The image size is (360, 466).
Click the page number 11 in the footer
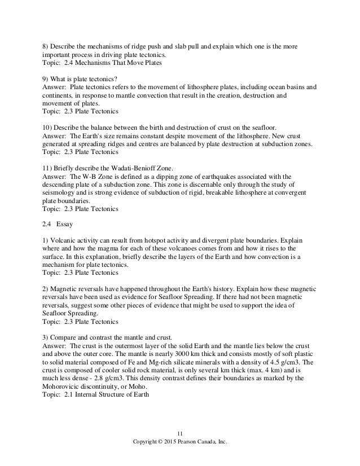pos(180,434)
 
